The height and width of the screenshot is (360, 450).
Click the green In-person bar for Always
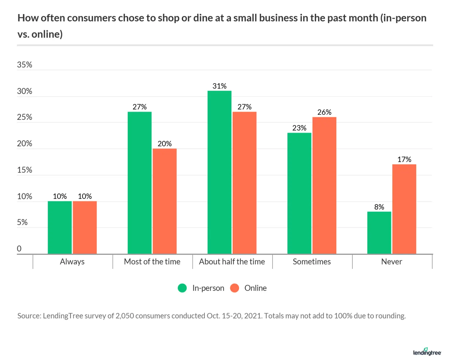point(59,227)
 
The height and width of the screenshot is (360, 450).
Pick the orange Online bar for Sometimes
point(324,185)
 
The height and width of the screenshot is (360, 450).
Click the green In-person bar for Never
point(379,233)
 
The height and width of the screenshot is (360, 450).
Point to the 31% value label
point(219,86)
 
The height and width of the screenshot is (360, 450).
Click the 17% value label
point(404,160)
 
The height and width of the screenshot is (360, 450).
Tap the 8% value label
point(379,207)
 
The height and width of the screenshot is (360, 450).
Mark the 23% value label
point(299,128)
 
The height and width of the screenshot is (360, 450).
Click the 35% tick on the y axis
point(24,65)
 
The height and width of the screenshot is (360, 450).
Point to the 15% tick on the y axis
point(24,170)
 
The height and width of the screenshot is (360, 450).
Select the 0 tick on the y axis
point(19,249)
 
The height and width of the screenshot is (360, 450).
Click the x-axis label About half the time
point(232,262)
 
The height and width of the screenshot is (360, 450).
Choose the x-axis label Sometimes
point(311,262)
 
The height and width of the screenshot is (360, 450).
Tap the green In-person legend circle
point(182,288)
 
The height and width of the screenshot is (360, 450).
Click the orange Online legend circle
point(235,288)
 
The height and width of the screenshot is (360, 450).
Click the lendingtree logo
point(427,352)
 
